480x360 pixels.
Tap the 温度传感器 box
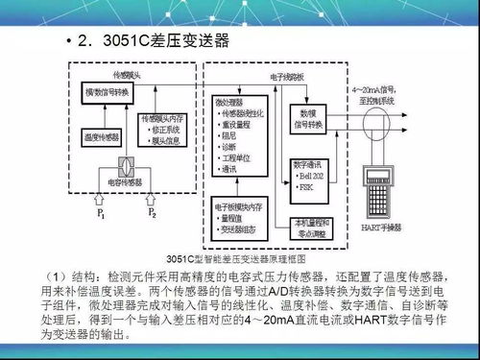(101, 135)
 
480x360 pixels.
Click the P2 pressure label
(152, 213)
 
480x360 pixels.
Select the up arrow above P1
(101, 198)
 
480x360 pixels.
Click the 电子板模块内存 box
(246, 217)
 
